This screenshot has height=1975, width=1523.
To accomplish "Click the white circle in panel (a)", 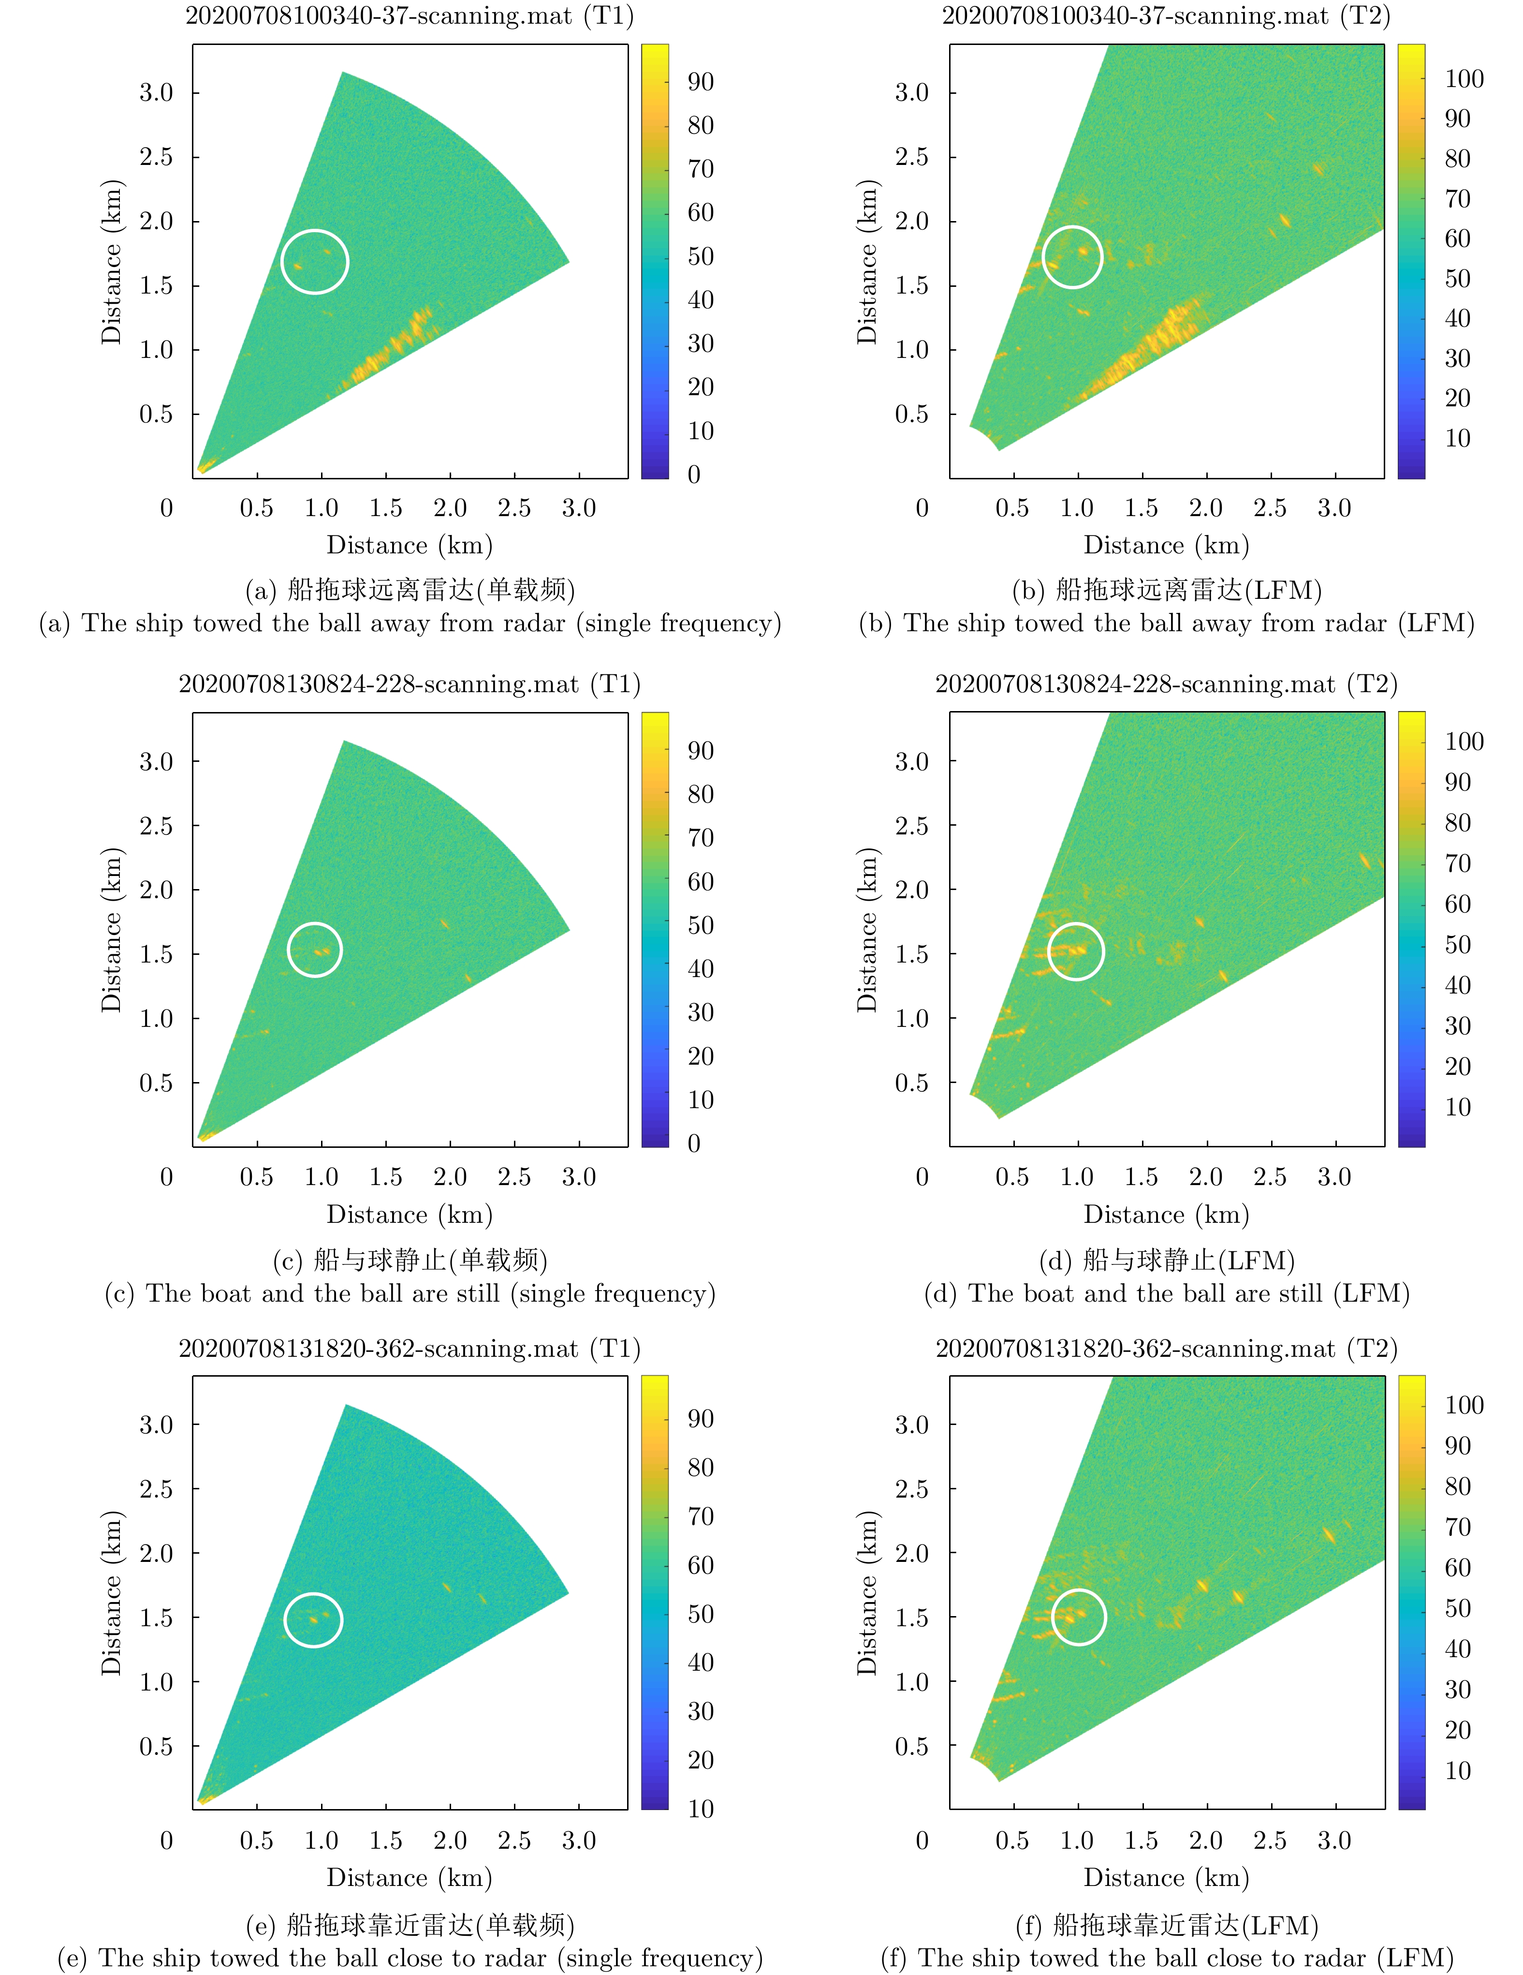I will tap(315, 261).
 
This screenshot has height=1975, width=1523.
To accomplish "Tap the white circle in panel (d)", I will tap(1076, 951).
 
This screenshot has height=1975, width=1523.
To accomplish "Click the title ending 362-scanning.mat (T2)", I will tap(1166, 1348).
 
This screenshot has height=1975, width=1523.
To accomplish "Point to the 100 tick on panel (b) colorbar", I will tap(1464, 79).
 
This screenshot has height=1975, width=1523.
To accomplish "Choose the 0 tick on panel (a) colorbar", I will tap(694, 474).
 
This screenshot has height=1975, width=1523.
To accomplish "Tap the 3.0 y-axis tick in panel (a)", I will tap(156, 92).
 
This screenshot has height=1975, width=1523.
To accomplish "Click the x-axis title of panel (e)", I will tap(410, 1878).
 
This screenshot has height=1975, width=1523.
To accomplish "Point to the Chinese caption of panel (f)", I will tap(1166, 1925).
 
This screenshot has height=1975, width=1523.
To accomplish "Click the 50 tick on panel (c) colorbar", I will tap(701, 925).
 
